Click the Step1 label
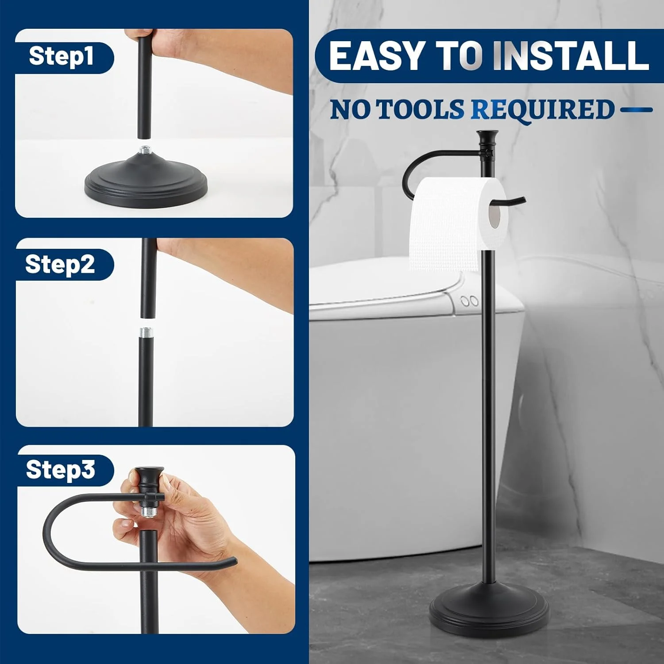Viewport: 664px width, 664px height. [x=61, y=57]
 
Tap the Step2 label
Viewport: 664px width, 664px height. [x=60, y=264]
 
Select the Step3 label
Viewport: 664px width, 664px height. [x=61, y=469]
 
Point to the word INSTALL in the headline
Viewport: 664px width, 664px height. [x=571, y=56]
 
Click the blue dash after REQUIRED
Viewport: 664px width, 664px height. [x=636, y=109]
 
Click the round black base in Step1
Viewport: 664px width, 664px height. [x=146, y=179]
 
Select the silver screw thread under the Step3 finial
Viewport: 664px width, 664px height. [x=147, y=511]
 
